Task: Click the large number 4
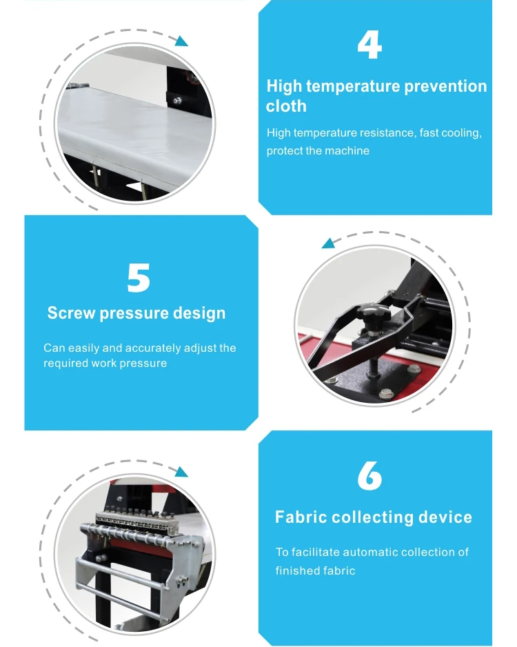click(369, 45)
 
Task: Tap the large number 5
click(139, 278)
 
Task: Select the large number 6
click(369, 476)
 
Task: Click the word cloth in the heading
click(286, 106)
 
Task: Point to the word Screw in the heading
click(71, 312)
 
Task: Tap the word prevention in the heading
click(445, 86)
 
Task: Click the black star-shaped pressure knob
click(374, 315)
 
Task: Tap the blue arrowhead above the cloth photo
click(181, 41)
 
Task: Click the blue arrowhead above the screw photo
click(329, 243)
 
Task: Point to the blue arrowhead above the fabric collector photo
click(181, 472)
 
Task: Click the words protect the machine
click(318, 150)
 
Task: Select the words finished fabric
click(316, 570)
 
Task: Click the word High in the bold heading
click(284, 86)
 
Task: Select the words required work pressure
click(105, 363)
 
